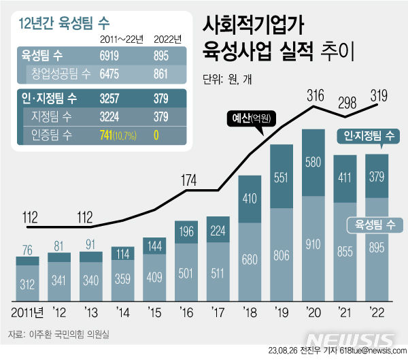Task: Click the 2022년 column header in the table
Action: [167, 39]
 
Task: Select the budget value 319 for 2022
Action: [378, 94]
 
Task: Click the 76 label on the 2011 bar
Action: [27, 247]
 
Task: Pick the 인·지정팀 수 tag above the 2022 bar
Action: [367, 138]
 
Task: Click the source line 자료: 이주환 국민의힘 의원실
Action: [58, 334]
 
